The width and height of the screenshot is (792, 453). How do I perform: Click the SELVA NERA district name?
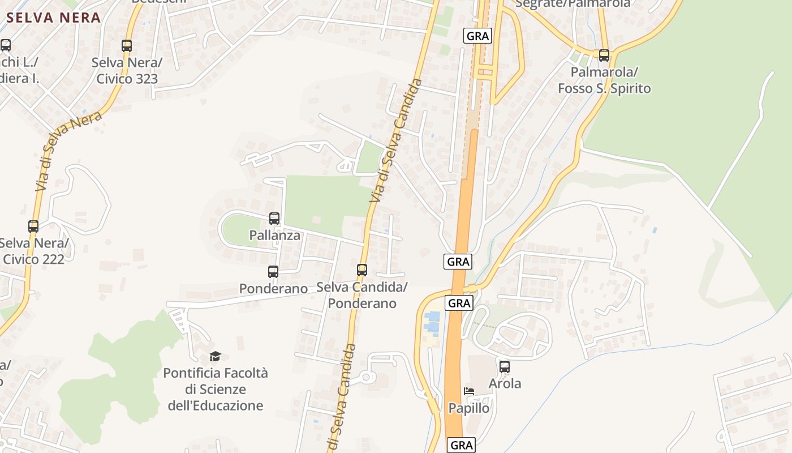point(54,18)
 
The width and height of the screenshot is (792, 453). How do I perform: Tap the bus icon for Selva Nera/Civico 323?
point(127,46)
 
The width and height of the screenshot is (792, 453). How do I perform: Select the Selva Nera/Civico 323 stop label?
point(127,71)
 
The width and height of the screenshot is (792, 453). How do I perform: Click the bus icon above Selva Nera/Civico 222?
point(33,226)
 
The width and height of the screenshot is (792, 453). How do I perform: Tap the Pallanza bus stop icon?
point(274,218)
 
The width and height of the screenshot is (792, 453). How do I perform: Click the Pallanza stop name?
point(274,235)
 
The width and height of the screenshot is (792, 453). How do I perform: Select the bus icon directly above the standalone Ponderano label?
point(273,272)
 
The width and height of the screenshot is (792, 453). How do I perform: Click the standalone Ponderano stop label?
point(273,288)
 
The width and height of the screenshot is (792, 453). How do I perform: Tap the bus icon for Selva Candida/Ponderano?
point(362,270)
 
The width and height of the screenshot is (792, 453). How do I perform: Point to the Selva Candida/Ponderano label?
point(362,295)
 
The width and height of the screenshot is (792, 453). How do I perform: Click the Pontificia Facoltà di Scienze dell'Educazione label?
point(216,390)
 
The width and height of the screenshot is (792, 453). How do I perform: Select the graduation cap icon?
point(215,356)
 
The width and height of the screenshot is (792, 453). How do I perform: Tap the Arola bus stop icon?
point(505,367)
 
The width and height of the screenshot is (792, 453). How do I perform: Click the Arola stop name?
point(505,383)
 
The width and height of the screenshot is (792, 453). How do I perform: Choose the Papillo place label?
point(469,408)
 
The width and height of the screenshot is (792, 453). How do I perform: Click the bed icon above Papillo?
point(469,391)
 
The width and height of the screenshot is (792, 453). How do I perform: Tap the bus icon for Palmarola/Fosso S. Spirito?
point(604,55)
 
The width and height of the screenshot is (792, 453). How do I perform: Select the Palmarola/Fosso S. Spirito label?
point(604,80)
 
